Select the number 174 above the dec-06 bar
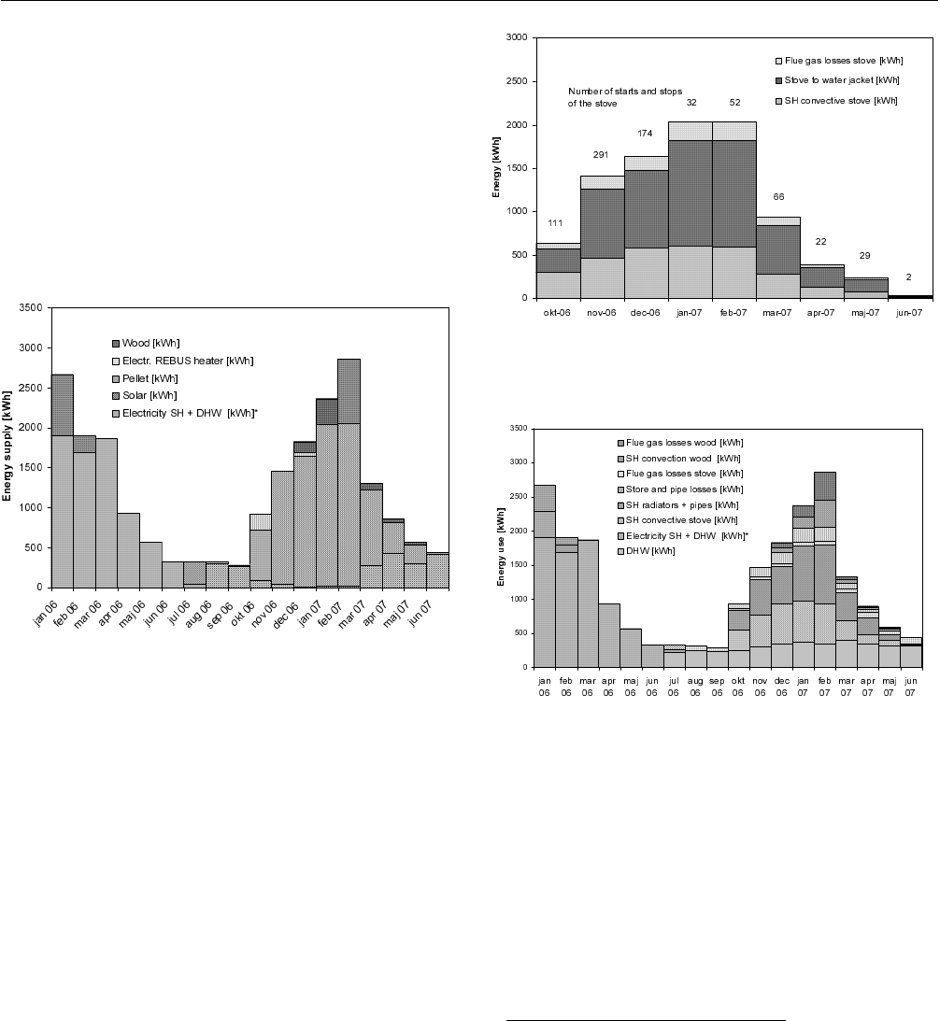[x=645, y=134]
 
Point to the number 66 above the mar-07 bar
[x=777, y=197]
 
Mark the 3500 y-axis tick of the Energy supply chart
[x=33, y=307]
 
